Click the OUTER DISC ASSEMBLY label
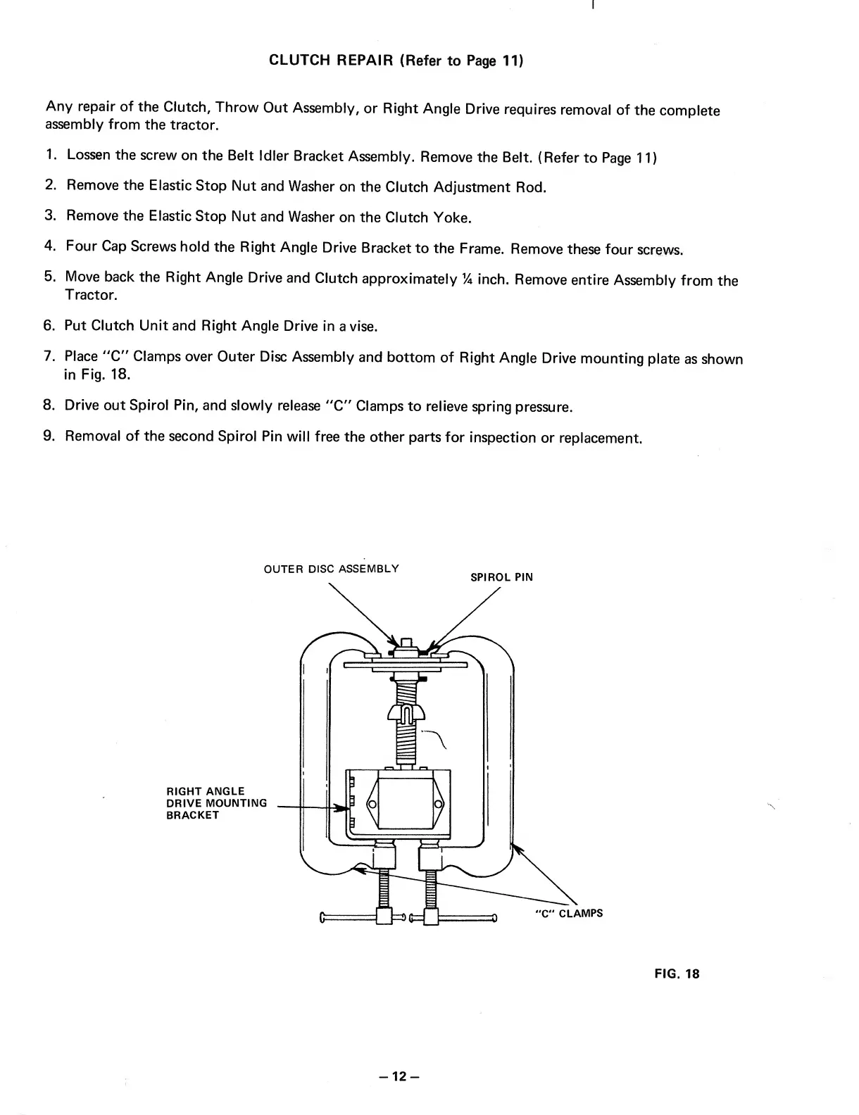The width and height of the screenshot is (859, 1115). [331, 568]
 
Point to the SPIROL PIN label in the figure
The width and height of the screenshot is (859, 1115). [501, 577]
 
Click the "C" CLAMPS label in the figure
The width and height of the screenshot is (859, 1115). [569, 914]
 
